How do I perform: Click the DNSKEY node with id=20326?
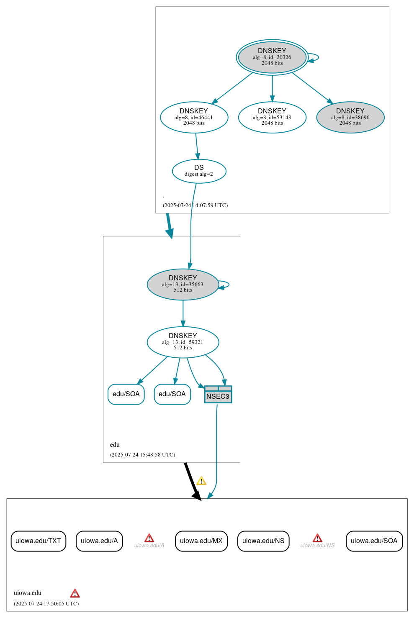point(272,57)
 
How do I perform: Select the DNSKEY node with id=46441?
point(194,117)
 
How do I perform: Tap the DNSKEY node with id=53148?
point(272,117)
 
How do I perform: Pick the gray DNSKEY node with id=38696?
point(350,117)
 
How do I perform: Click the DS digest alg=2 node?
point(199,171)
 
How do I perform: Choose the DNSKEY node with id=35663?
point(183,284)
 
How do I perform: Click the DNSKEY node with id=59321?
point(183,342)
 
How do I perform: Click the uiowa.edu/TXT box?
point(38,541)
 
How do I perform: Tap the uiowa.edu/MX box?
point(201,541)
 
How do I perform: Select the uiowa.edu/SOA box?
point(374,541)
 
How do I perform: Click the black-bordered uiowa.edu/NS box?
point(263,541)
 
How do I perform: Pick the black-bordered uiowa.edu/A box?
point(99,541)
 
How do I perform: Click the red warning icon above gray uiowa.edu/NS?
point(317,538)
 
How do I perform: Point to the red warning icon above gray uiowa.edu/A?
point(149,538)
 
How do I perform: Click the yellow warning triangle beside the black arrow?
point(201,481)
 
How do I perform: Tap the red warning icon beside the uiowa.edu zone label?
point(75,593)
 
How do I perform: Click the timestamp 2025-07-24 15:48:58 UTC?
point(142,454)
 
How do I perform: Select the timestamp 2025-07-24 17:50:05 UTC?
point(46,603)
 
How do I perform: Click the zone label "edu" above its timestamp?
point(115,444)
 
